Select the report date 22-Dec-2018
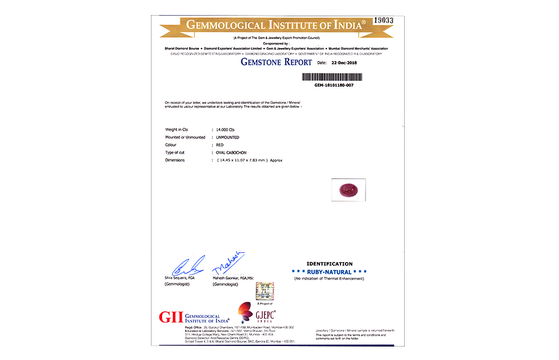click(x=344, y=63)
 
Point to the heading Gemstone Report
click(x=276, y=62)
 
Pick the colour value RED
click(x=220, y=145)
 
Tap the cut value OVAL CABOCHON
click(x=231, y=153)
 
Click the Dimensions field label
click(x=175, y=160)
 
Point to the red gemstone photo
click(x=348, y=189)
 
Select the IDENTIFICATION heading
click(x=329, y=264)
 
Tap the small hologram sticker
click(x=264, y=292)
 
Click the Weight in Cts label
click(x=177, y=129)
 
